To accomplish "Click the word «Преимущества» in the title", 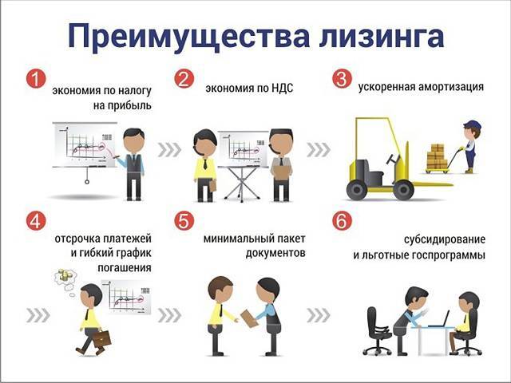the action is tap(188, 38).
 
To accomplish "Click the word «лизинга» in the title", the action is tap(382, 36).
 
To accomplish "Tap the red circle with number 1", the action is tap(36, 79).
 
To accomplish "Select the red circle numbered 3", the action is tap(342, 79).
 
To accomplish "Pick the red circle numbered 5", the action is tap(184, 221).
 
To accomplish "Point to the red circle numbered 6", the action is tap(342, 221).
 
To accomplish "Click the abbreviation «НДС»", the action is tap(282, 88).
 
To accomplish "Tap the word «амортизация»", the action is tap(450, 87).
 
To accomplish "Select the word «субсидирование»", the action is tap(445, 239).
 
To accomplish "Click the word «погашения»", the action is tap(125, 268).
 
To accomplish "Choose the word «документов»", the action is tap(275, 254).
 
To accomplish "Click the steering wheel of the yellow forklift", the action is tap(393, 160).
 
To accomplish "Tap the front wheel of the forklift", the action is tap(404, 190).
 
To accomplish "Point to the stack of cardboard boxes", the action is tap(437, 156).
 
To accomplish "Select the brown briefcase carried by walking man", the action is tap(102, 338).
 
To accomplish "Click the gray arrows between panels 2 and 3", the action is tap(319, 150).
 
